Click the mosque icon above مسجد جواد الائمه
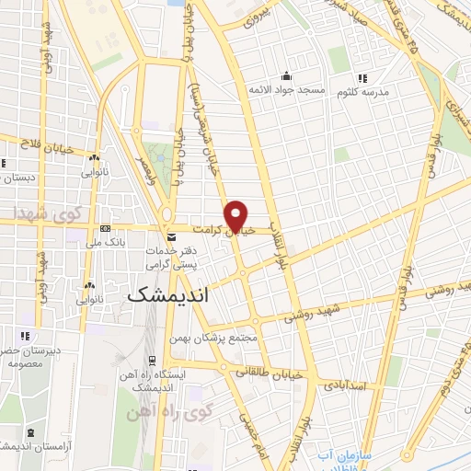[x=287, y=75]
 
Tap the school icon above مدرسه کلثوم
[x=363, y=78]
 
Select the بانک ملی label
[x=105, y=243]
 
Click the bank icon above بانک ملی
[x=105, y=229]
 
